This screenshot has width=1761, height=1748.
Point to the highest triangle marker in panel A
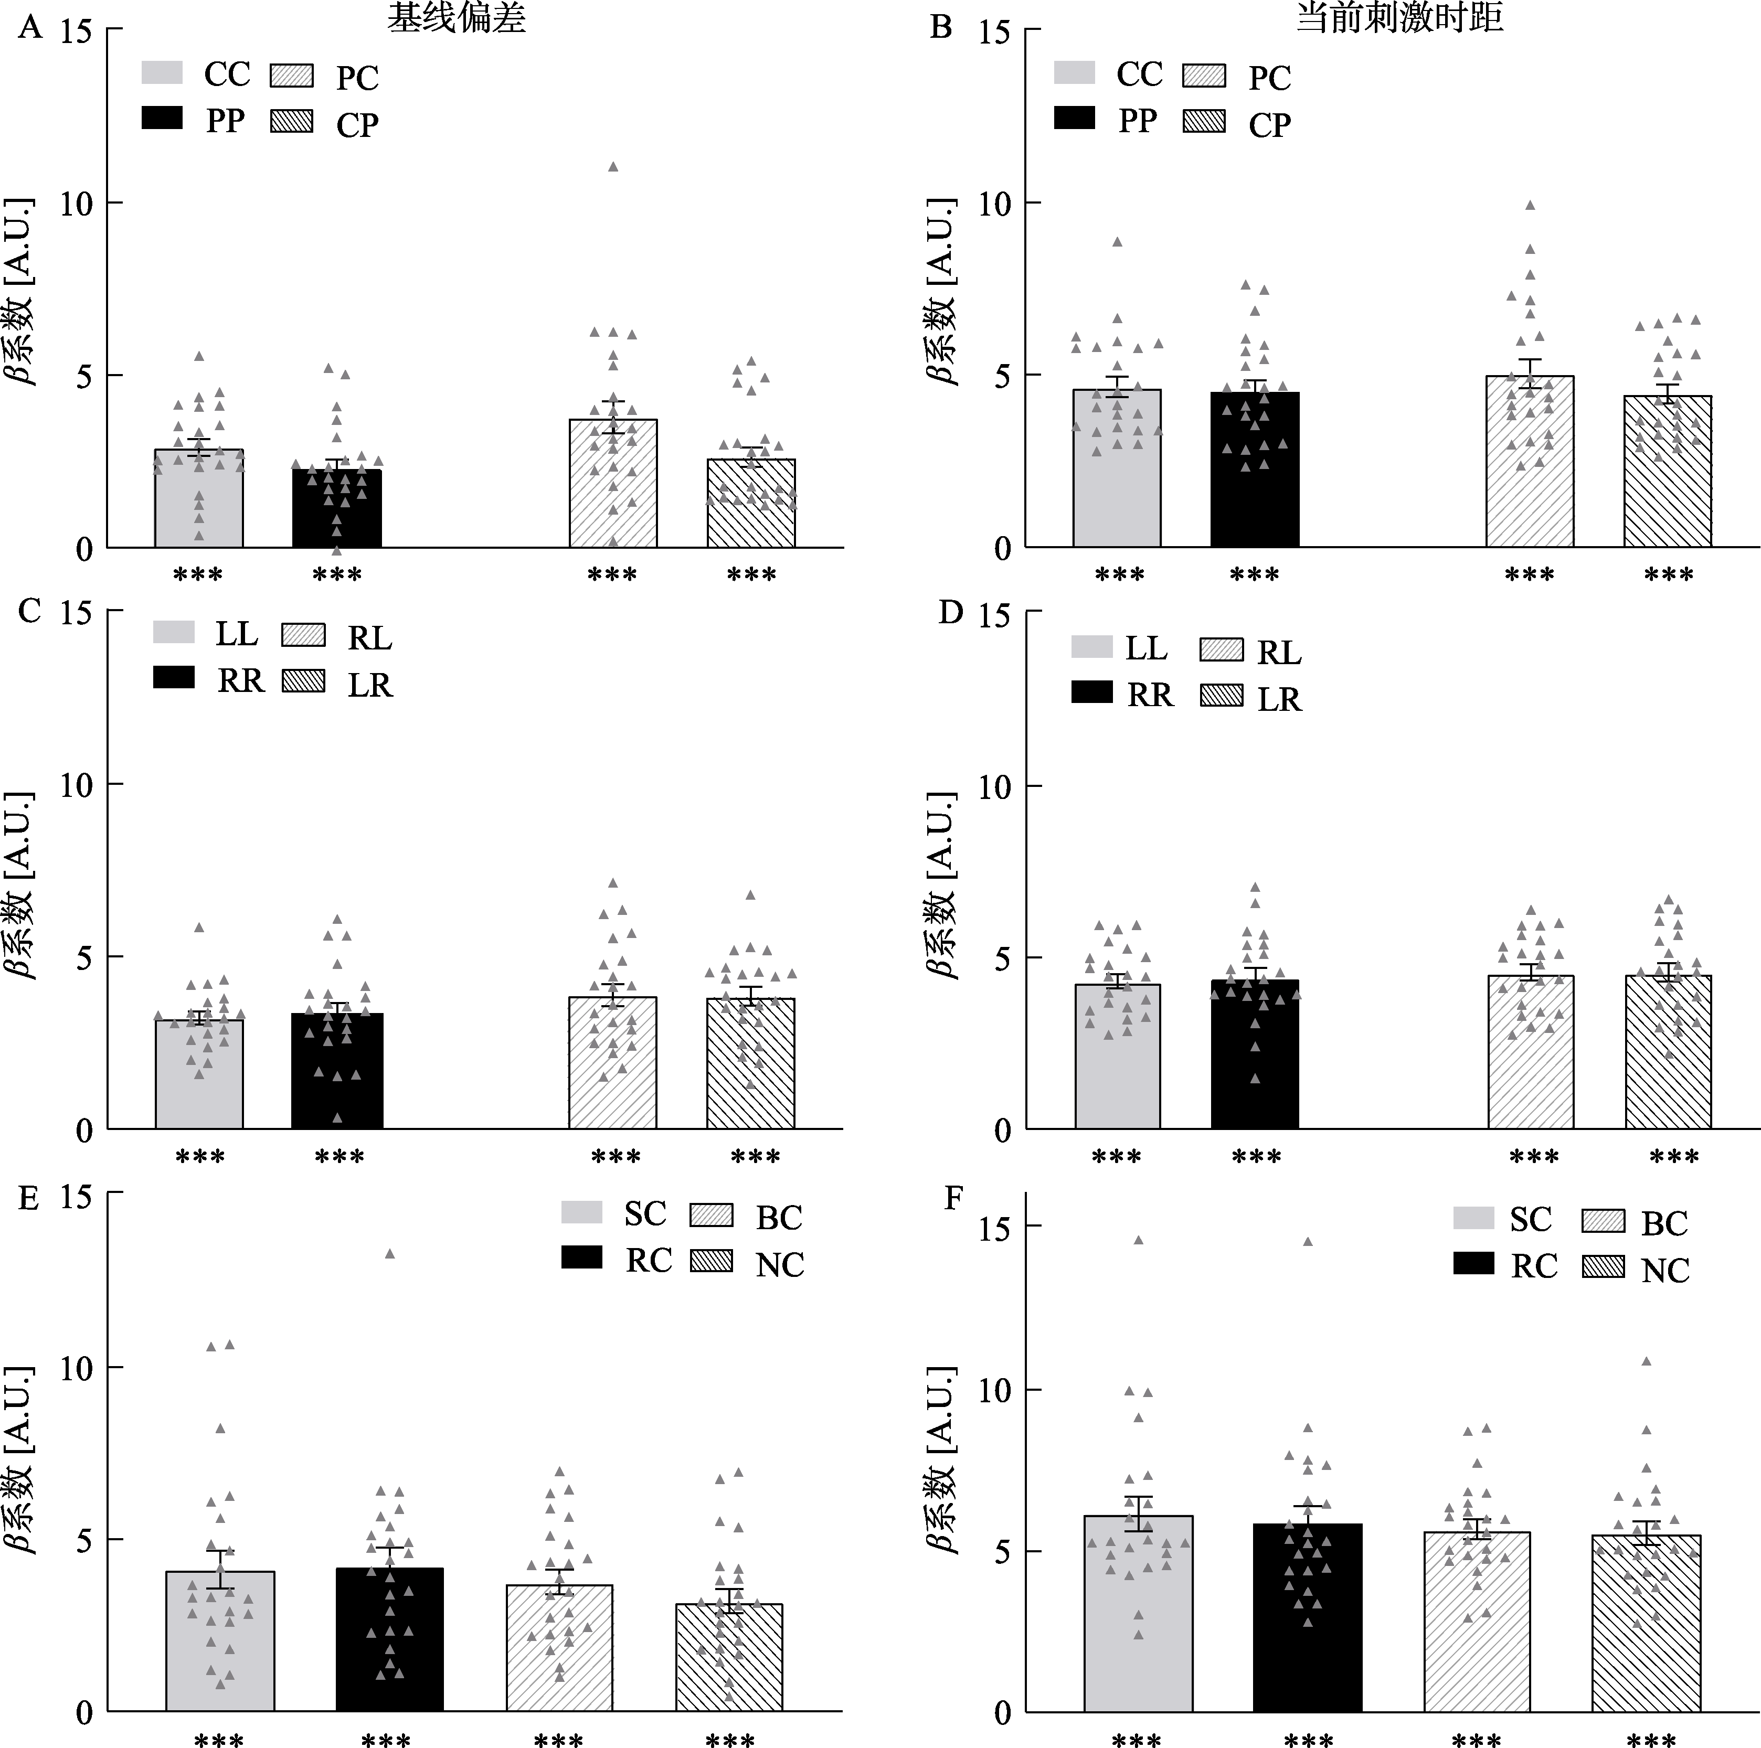613,167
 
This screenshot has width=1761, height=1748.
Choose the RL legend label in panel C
369,639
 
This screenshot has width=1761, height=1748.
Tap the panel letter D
951,612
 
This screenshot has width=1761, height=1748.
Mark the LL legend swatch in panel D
1092,647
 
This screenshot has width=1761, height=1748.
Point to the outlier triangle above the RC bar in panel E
389,1254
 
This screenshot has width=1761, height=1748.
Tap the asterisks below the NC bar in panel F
1651,1740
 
